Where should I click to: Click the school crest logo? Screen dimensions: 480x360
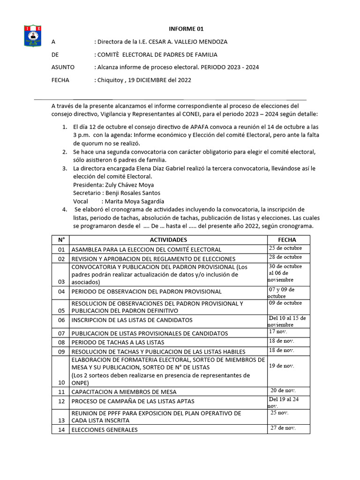pyautogui.click(x=33, y=36)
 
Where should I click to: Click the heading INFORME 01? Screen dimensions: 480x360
pyautogui.click(x=186, y=29)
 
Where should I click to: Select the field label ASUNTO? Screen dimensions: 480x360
pyautogui.click(x=63, y=67)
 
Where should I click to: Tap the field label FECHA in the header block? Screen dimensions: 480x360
pyautogui.click(x=60, y=80)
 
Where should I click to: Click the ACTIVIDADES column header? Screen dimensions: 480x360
pyautogui.click(x=168, y=240)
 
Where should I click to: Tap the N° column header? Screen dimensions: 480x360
pyautogui.click(x=61, y=240)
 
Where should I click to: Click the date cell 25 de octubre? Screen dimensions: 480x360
pyautogui.click(x=285, y=248)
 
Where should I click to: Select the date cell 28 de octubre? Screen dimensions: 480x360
pyautogui.click(x=285, y=257)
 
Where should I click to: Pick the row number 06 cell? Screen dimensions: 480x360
pyautogui.click(x=61, y=321)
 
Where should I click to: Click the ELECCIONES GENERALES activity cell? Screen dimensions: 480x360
pyautogui.click(x=105, y=429)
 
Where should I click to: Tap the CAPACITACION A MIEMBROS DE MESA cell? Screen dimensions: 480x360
pyautogui.click(x=124, y=391)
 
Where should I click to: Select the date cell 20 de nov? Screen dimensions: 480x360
pyautogui.click(x=283, y=390)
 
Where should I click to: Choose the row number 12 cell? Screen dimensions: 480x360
pyautogui.click(x=61, y=401)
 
